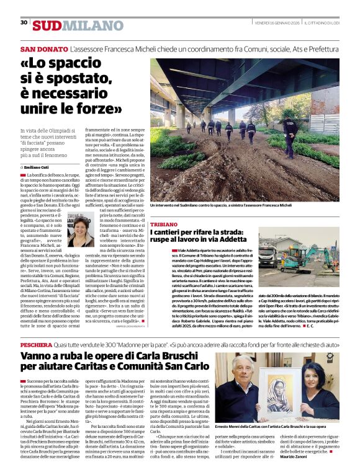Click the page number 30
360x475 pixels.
pos(24,22)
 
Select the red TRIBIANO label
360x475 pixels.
pos(163,223)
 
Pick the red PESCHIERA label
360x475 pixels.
pos(36,344)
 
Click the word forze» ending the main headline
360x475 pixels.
pos(95,110)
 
